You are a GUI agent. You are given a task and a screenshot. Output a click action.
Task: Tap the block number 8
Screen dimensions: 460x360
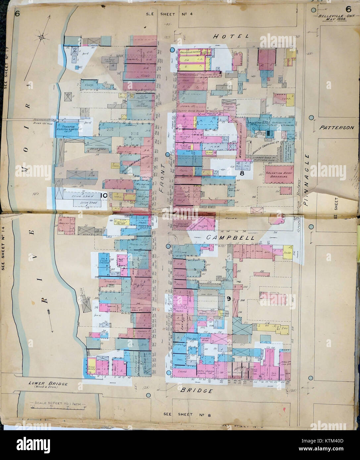(x=242, y=173)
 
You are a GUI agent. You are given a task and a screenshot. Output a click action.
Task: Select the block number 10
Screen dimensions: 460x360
(x=103, y=196)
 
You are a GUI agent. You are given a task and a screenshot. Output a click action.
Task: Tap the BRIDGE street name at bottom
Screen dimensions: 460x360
(x=196, y=391)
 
